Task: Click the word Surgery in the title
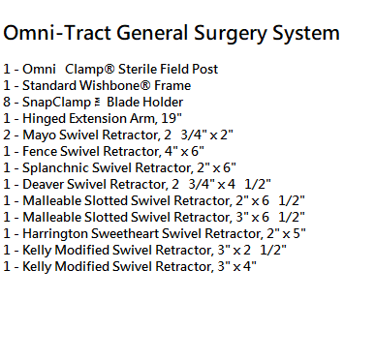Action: pos(231,34)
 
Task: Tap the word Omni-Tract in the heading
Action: pos(57,33)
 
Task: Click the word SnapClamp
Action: pos(56,103)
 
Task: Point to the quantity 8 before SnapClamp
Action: pos(7,103)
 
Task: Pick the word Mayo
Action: pos(39,135)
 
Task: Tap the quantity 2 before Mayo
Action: pos(7,135)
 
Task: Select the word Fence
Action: pos(40,151)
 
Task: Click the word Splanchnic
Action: pos(55,167)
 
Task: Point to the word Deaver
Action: pos(43,184)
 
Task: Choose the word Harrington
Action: pos(55,234)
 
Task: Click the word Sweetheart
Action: pos(124,233)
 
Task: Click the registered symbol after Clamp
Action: pos(109,70)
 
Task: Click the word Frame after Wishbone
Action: pos(172,85)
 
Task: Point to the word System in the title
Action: pos(306,34)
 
